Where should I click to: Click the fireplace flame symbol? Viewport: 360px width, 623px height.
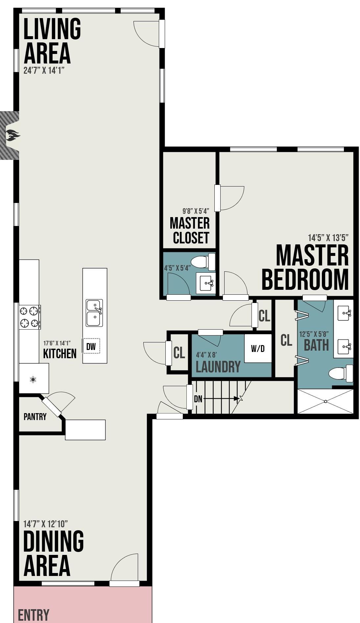pos(12,136)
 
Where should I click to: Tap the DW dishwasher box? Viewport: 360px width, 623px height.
pos(91,346)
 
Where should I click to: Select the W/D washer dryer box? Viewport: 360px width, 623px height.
pos(258,348)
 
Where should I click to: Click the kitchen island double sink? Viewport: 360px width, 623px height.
pos(94,313)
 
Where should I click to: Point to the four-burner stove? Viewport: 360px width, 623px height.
pos(30,317)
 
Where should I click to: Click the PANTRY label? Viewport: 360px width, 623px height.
pos(35,417)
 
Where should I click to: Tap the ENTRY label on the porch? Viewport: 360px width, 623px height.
pos(34,615)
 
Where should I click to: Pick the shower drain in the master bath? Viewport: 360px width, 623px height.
pos(325,401)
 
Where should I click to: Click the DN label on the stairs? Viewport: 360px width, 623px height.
pos(198,399)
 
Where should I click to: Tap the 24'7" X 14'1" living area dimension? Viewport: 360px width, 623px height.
pos(44,70)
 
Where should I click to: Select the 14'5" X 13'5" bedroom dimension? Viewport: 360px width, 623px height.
pos(328,237)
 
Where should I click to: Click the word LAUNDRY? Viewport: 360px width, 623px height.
pos(218,367)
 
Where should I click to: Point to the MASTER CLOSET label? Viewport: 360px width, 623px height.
pos(190,230)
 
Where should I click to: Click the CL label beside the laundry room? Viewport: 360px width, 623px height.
pos(179,353)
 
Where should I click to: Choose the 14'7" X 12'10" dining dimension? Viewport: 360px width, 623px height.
pos(46,524)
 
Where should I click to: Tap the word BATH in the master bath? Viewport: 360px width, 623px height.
pos(316,345)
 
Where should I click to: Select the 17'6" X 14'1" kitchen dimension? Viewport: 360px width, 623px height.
pos(57,343)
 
